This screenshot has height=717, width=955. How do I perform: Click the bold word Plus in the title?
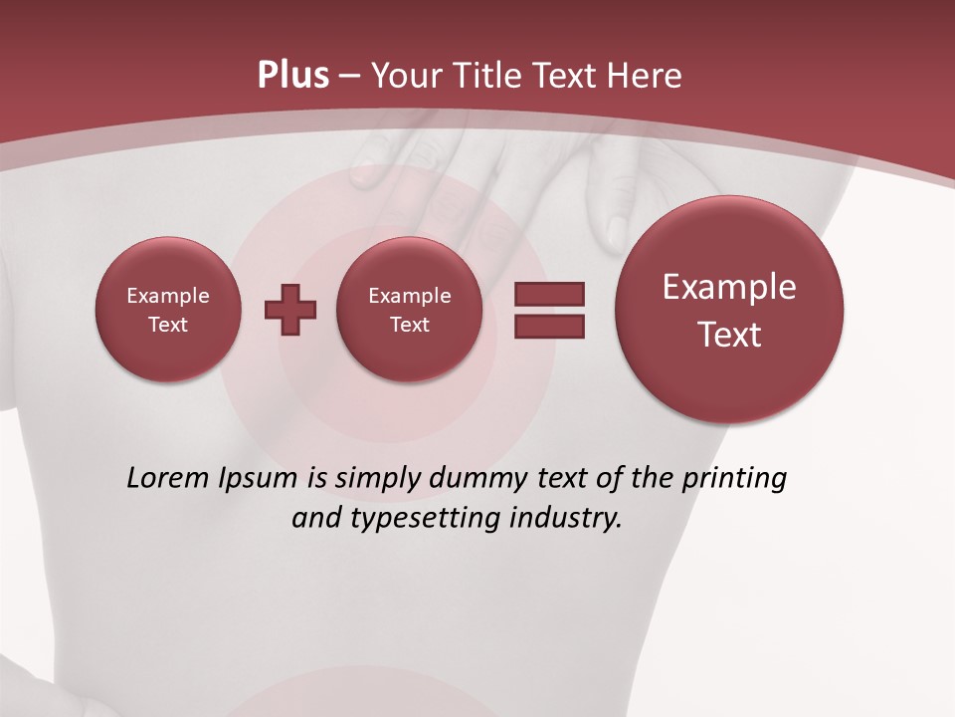(x=292, y=76)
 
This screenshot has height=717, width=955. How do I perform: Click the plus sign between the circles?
(x=290, y=309)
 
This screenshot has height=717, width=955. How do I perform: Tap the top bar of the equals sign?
(x=549, y=295)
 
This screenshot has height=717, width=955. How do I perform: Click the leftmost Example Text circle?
(x=168, y=310)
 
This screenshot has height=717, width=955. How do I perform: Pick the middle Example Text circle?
(x=409, y=310)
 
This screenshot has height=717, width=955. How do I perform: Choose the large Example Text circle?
(x=729, y=310)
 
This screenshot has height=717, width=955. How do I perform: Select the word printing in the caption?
(x=732, y=479)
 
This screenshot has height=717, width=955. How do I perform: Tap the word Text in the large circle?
(x=729, y=335)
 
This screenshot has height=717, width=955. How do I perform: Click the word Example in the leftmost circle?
(x=168, y=296)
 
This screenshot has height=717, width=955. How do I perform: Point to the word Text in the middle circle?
(x=409, y=325)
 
